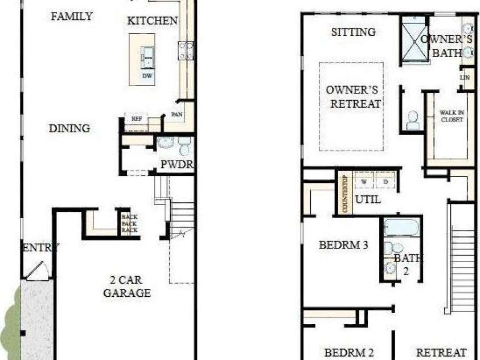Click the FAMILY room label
pos(72,16)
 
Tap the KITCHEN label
pos(151,21)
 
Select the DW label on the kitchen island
pos(147,76)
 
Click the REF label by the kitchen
pos(136,119)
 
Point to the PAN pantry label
pos(176,114)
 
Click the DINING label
pos(69,128)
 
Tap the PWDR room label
pos(177,165)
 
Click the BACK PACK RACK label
pos(129,223)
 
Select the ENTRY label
pos(40,247)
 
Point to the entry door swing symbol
pos(39,270)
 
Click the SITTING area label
pos(353,32)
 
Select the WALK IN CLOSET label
pos(452,116)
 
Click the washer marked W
pos(364,182)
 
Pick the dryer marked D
pos(385,182)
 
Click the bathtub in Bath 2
pos(401,227)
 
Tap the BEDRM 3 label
pos(343,246)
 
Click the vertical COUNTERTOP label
pos(344,193)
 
